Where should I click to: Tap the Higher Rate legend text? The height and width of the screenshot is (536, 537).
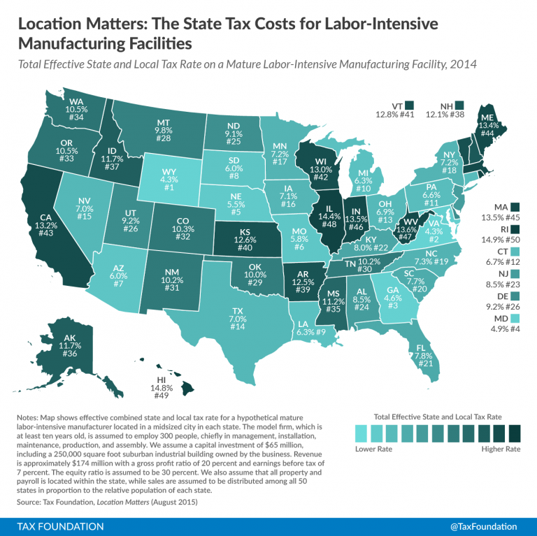click(x=501, y=449)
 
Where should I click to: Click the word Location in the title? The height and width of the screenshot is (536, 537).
click(x=51, y=24)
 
